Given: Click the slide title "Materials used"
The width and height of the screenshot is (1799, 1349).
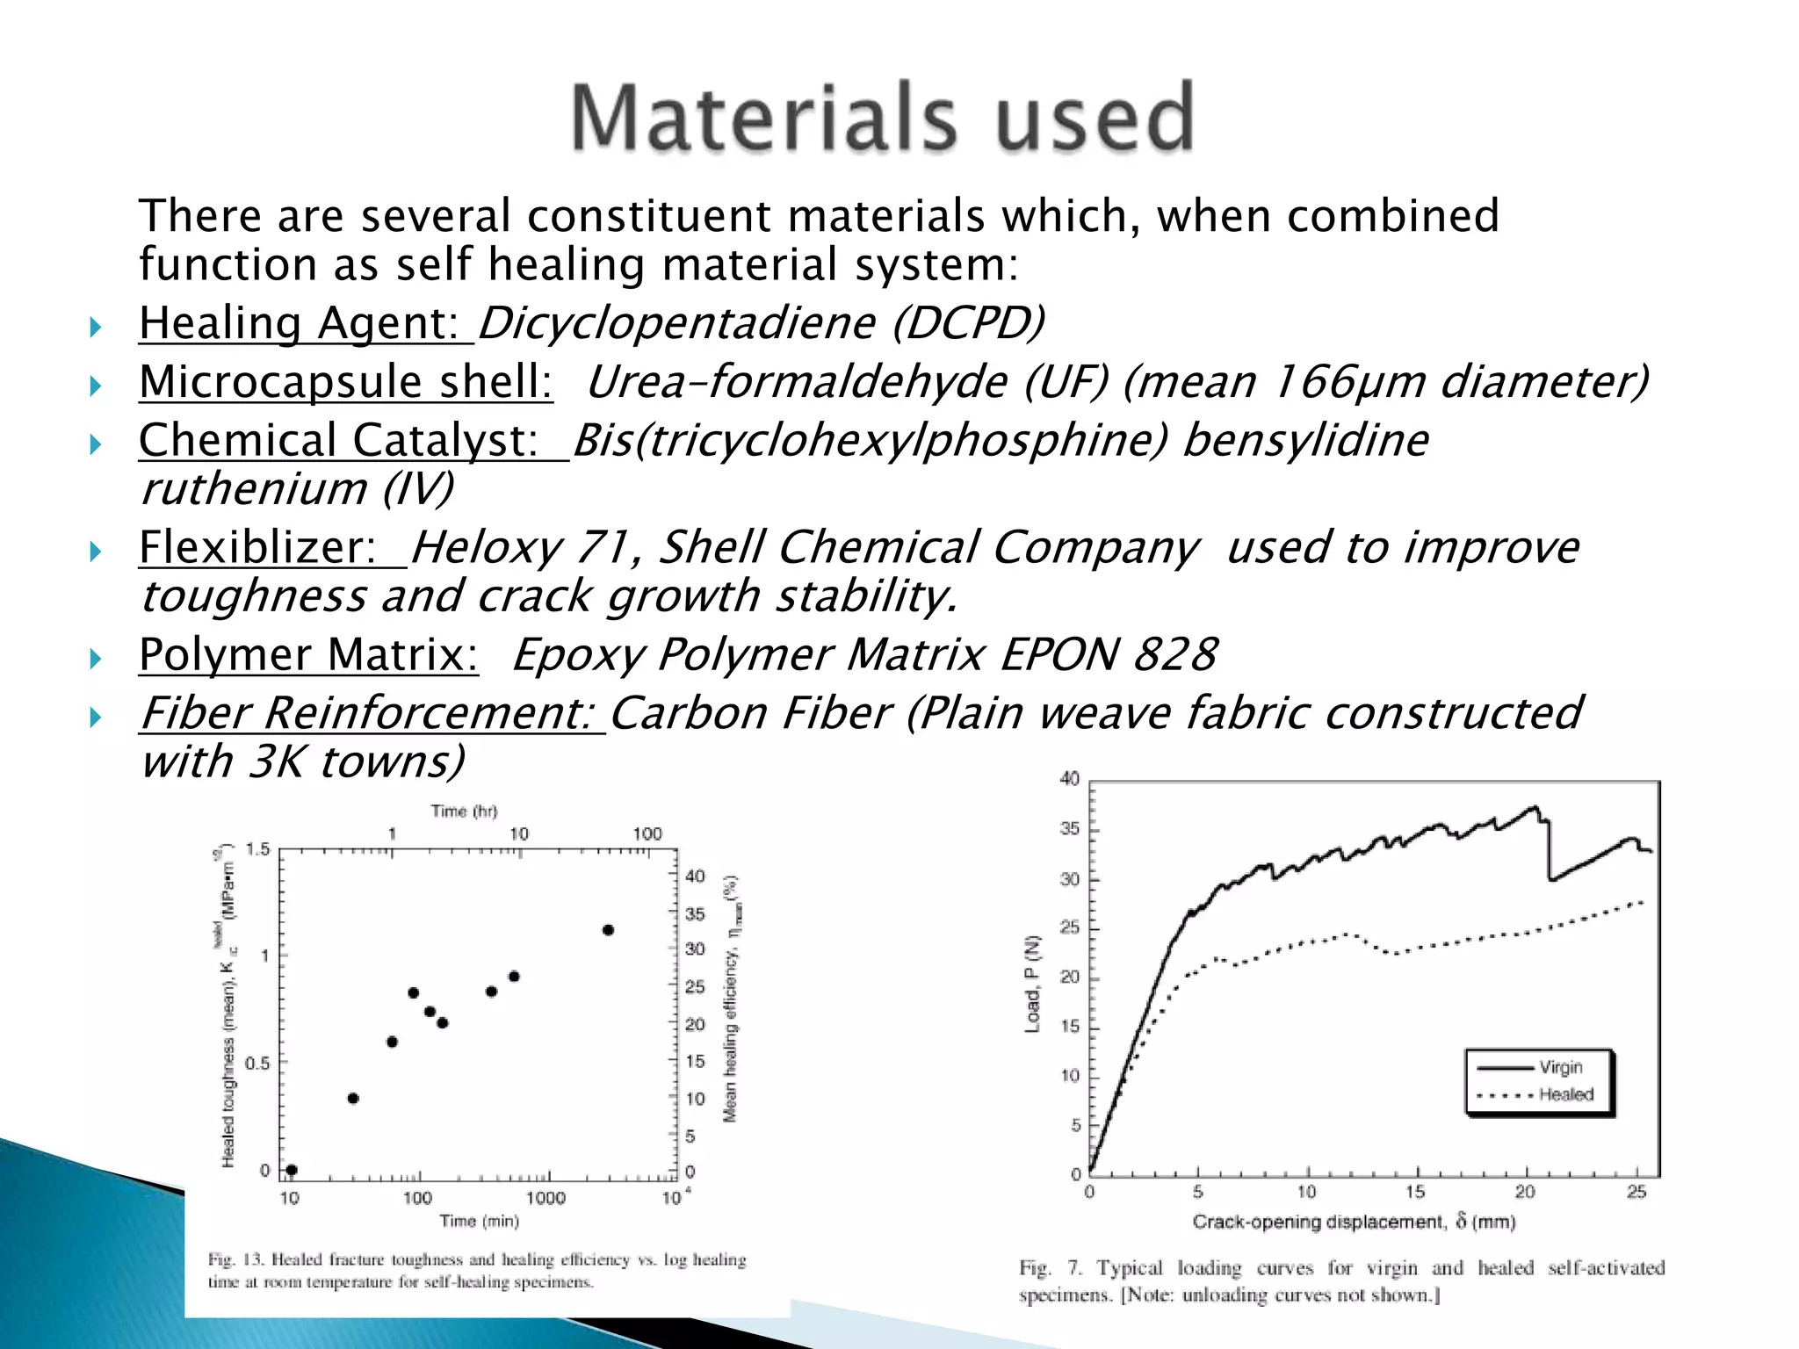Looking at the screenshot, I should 882,118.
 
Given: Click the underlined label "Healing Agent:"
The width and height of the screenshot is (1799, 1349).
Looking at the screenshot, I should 305,323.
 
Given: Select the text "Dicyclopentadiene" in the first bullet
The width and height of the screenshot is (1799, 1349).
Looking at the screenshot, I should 676,323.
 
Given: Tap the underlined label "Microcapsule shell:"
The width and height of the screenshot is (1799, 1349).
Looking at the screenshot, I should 346,382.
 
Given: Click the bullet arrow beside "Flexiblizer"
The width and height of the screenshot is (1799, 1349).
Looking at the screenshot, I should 96,552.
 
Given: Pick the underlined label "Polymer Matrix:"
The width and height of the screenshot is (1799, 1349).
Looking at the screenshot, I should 308,654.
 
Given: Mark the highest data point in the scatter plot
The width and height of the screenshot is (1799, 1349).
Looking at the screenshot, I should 608,930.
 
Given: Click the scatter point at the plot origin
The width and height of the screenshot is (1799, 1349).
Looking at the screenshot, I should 292,1170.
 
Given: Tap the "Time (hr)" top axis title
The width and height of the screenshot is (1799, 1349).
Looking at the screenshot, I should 464,811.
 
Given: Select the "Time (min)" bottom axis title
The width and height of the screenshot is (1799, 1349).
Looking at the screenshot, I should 479,1221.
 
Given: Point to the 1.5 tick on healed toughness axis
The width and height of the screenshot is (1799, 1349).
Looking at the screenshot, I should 257,849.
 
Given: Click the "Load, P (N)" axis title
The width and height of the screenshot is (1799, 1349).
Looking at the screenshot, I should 1033,984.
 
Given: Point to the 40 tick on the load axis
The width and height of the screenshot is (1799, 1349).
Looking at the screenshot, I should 1069,779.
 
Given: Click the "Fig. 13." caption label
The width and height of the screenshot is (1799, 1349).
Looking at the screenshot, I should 235,1259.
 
